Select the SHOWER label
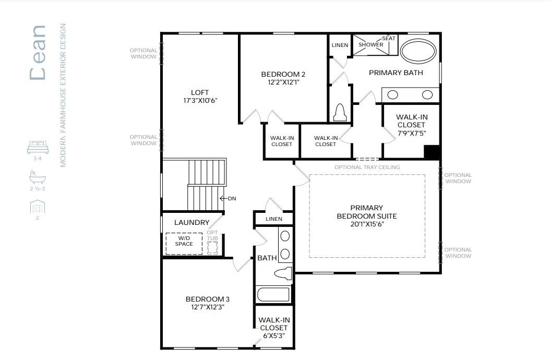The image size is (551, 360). click(371, 45)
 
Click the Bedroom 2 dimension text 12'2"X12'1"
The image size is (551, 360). click(283, 82)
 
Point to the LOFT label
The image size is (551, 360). click(200, 92)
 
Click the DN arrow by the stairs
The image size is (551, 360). click(227, 198)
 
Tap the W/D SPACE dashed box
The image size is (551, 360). click(184, 244)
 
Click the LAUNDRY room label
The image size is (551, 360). click(191, 223)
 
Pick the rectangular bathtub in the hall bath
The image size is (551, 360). click(273, 295)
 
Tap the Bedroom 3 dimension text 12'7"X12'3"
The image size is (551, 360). click(208, 307)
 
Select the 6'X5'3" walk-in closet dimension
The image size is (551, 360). click(273, 335)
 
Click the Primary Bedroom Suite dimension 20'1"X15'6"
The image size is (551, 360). click(367, 224)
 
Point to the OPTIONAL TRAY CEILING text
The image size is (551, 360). click(367, 167)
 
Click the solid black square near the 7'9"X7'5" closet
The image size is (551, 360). click(432, 152)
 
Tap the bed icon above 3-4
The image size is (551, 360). click(38, 148)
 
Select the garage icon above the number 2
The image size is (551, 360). click(37, 207)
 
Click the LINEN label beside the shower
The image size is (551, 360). click(340, 45)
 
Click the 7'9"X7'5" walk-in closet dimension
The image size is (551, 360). click(411, 133)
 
